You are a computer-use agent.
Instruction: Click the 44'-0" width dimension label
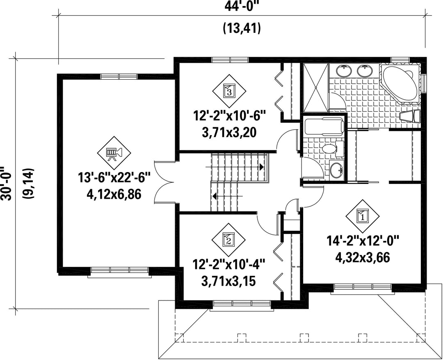[242, 6]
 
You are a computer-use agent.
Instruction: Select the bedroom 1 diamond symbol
[363, 217]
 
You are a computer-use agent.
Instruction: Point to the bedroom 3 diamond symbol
[229, 91]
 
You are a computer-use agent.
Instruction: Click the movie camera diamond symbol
[114, 153]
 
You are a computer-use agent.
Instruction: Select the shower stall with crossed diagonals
[316, 88]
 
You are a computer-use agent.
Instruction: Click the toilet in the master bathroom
[410, 116]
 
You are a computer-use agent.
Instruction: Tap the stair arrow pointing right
[235, 167]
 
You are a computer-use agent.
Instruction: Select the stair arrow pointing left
[227, 195]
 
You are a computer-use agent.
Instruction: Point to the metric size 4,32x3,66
[363, 257]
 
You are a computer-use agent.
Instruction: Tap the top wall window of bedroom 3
[230, 60]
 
